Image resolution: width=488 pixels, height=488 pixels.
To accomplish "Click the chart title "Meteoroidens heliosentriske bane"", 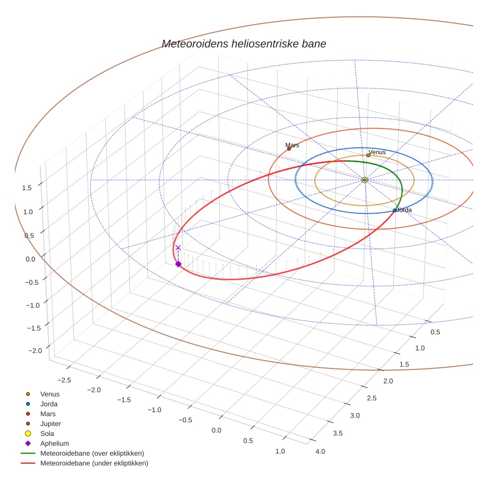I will pyautogui.click(x=244, y=44).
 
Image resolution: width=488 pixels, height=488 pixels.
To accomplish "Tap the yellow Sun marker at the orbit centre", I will pyautogui.click(x=365, y=180).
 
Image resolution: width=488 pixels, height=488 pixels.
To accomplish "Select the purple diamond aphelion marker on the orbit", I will pyautogui.click(x=178, y=264).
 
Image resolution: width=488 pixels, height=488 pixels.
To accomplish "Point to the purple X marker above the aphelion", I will pyautogui.click(x=178, y=247).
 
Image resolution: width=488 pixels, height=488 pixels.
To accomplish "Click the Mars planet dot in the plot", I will pyautogui.click(x=289, y=149).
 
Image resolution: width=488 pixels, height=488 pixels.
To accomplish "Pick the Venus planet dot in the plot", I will pyautogui.click(x=368, y=155).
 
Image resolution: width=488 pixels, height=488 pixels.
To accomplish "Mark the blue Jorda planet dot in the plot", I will pyautogui.click(x=395, y=211).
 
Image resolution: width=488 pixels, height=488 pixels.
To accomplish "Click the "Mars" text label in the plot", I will pyautogui.click(x=292, y=145).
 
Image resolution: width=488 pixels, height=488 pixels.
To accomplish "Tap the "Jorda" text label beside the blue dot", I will pyautogui.click(x=405, y=210).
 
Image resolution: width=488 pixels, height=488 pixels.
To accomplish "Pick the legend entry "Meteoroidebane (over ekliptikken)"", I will pyautogui.click(x=92, y=453).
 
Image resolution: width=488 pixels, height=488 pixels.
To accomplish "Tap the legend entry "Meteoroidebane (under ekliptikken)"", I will pyautogui.click(x=94, y=463).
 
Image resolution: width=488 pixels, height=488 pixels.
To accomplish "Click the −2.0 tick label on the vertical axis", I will pyautogui.click(x=35, y=351).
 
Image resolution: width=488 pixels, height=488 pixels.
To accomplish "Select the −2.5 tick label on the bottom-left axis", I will pyautogui.click(x=65, y=380).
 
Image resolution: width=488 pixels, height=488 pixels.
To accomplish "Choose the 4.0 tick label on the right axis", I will pyautogui.click(x=320, y=451).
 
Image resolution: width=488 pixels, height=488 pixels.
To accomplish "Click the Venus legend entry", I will pyautogui.click(x=50, y=394).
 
